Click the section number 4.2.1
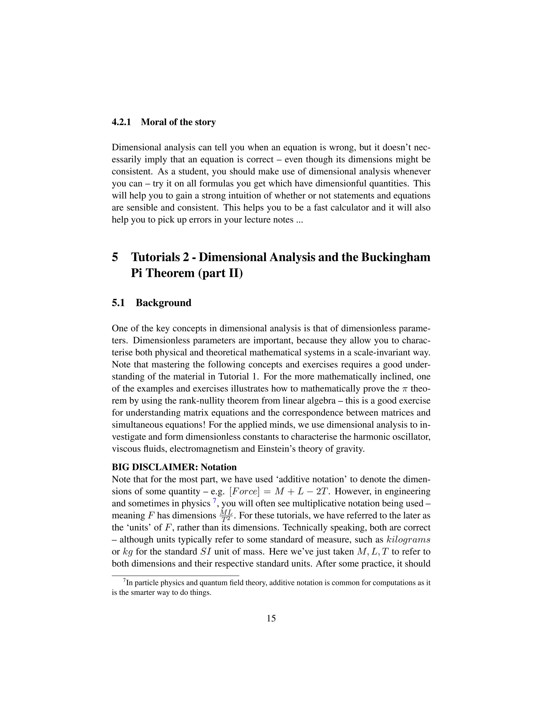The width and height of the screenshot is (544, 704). pos(121,122)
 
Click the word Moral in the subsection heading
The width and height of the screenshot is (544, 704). pos(153,122)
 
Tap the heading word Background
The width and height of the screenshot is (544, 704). pos(163,303)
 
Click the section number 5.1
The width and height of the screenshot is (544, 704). pos(118,303)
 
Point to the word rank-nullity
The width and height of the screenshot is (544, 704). pos(213,401)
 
